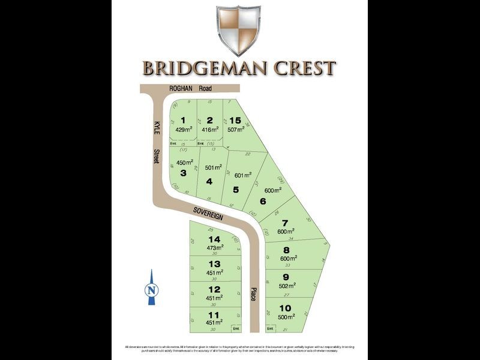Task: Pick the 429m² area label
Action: (x=184, y=130)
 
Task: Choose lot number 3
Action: (x=184, y=173)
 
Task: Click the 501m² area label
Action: (x=213, y=168)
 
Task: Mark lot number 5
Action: (x=236, y=190)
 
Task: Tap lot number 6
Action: (x=263, y=202)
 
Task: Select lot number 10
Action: (x=286, y=308)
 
